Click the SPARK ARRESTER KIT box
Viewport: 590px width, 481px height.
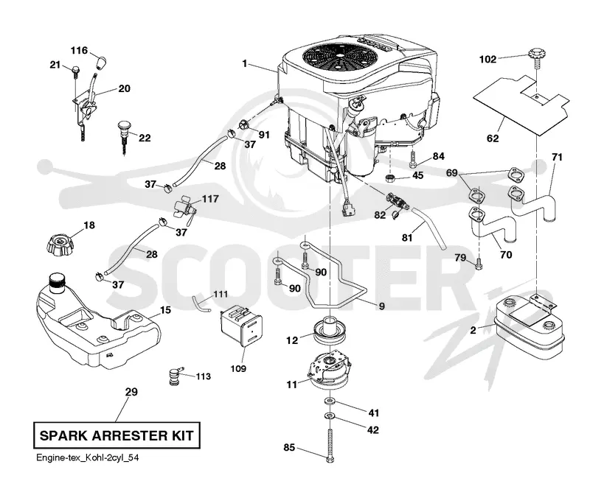click(117, 435)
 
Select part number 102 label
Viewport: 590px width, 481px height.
click(487, 60)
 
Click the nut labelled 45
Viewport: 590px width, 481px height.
click(392, 178)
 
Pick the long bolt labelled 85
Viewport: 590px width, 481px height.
click(330, 446)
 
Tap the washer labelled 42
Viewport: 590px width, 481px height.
click(330, 416)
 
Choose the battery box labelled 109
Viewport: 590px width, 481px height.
click(241, 326)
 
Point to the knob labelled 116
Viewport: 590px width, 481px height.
click(101, 63)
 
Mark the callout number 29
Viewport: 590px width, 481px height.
click(131, 392)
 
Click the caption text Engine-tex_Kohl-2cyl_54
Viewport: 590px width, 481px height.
click(87, 457)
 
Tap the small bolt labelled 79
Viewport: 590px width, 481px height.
click(479, 264)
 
